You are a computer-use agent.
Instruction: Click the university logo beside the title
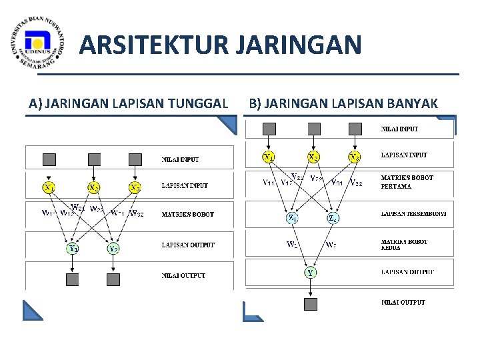click(39, 46)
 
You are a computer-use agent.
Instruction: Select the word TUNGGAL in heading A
click(200, 103)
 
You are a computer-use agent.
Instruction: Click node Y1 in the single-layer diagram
click(73, 249)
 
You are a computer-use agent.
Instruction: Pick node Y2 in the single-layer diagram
click(113, 249)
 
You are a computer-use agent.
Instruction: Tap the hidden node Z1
click(292, 217)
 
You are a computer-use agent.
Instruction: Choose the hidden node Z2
click(333, 217)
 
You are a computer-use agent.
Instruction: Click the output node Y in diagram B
click(311, 272)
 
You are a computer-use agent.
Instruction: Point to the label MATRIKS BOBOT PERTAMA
click(407, 182)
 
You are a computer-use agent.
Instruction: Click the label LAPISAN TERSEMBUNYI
click(413, 215)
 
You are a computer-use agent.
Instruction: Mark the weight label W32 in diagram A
click(138, 214)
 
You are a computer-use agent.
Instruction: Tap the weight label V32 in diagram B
click(357, 182)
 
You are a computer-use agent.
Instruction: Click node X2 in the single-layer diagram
click(95, 187)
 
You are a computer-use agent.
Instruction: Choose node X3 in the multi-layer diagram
click(354, 157)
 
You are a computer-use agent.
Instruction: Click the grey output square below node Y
click(311, 304)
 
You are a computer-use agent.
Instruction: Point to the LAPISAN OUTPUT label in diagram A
click(188, 245)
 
